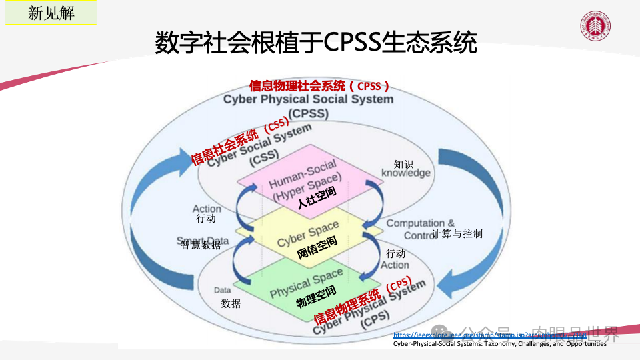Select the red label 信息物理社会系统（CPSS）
click(319, 86)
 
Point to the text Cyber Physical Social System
click(308, 99)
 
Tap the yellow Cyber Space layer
click(308, 233)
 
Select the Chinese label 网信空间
click(317, 247)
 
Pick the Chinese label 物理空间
click(316, 297)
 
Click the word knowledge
click(406, 173)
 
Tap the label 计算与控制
click(457, 234)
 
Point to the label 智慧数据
click(201, 245)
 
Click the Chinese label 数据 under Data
click(231, 304)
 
